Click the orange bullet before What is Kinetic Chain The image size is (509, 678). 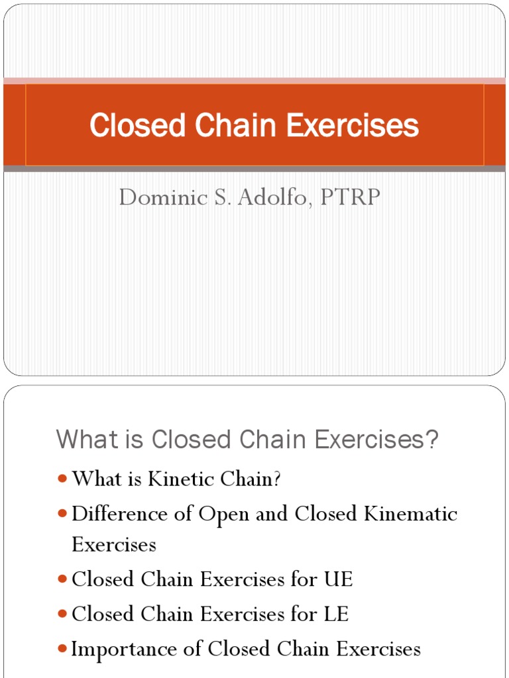coord(62,479)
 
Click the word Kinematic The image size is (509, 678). coord(412,514)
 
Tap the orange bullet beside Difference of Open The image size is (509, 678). coord(62,514)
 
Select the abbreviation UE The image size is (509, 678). coord(338,580)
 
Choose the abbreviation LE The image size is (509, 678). coord(336,614)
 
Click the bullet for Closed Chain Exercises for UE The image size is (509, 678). coord(62,580)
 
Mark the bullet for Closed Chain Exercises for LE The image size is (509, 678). coord(62,614)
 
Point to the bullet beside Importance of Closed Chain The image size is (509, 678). coord(62,650)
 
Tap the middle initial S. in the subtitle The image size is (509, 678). coord(219,197)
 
